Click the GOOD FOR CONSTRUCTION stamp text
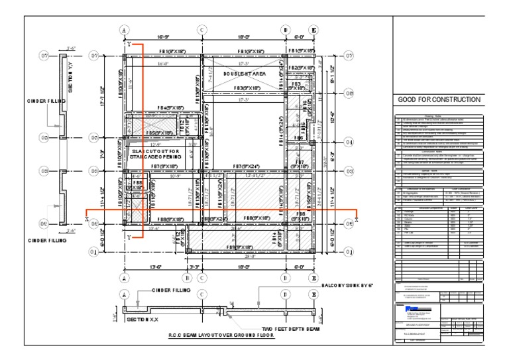pyautogui.click(x=438, y=99)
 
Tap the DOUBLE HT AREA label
pyautogui.click(x=244, y=74)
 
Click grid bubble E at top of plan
pyautogui.click(x=313, y=30)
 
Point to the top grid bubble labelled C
pyautogui.click(x=201, y=30)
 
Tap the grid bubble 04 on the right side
pyautogui.click(x=349, y=142)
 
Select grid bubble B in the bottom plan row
pyautogui.click(x=188, y=278)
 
